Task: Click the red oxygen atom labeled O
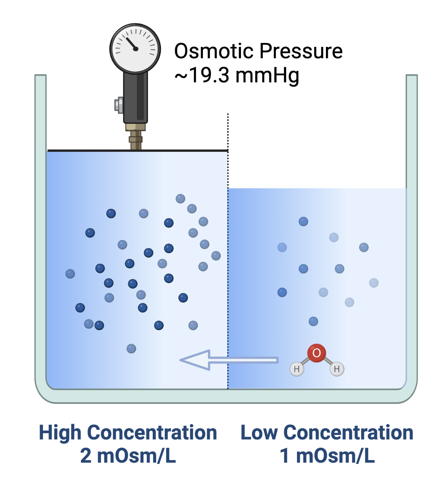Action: click(316, 353)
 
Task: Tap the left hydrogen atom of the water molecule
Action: click(297, 369)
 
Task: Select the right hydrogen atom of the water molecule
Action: click(337, 369)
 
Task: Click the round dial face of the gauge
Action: click(135, 48)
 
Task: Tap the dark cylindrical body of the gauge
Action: click(135, 98)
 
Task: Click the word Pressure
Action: click(301, 51)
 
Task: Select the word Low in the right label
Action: click(259, 433)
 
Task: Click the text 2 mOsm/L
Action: click(128, 456)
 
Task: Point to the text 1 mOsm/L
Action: click(327, 456)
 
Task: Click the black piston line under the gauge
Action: click(138, 151)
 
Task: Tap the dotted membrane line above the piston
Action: click(228, 132)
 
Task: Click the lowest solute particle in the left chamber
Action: click(131, 348)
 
